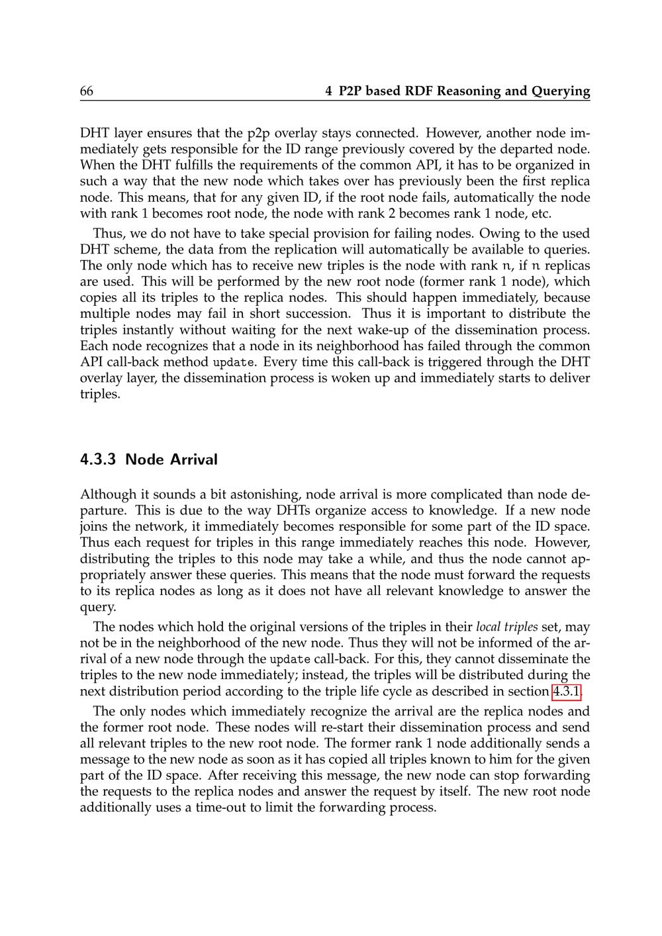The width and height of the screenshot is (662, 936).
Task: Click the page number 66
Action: coord(86,91)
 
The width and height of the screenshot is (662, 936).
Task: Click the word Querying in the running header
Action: coord(561,91)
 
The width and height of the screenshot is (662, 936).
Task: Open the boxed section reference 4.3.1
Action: coord(567,692)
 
